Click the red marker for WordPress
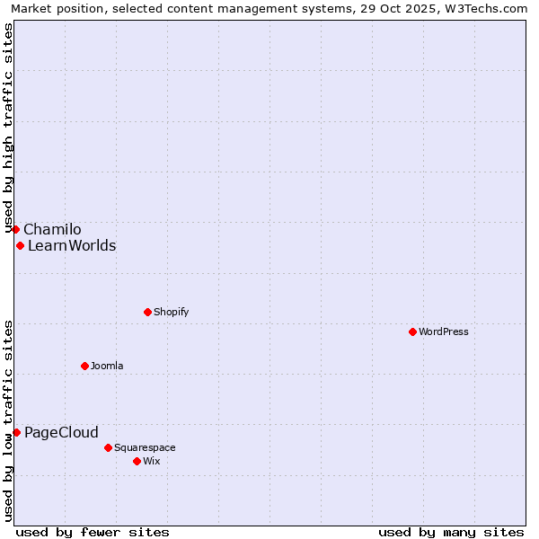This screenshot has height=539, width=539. click(412, 331)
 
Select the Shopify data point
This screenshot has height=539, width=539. click(147, 312)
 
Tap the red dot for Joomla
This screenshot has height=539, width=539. click(84, 366)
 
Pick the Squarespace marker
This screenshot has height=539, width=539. click(108, 447)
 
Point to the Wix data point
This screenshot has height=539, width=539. click(137, 461)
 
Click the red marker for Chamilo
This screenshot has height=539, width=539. click(15, 229)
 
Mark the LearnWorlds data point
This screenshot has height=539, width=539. click(20, 245)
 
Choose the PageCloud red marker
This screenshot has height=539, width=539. click(16, 432)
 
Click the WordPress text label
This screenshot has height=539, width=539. click(444, 331)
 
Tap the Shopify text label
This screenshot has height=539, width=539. click(171, 312)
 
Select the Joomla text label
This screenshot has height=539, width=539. click(107, 366)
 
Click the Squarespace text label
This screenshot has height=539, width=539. click(145, 447)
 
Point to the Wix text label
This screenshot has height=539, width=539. click(151, 461)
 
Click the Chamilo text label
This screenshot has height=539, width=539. click(52, 229)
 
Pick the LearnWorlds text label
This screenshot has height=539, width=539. click(72, 245)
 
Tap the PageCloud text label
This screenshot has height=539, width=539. click(61, 432)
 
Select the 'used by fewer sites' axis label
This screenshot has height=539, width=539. click(93, 532)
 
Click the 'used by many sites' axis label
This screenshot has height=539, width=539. click(451, 532)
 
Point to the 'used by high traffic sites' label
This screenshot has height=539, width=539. click(9, 128)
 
